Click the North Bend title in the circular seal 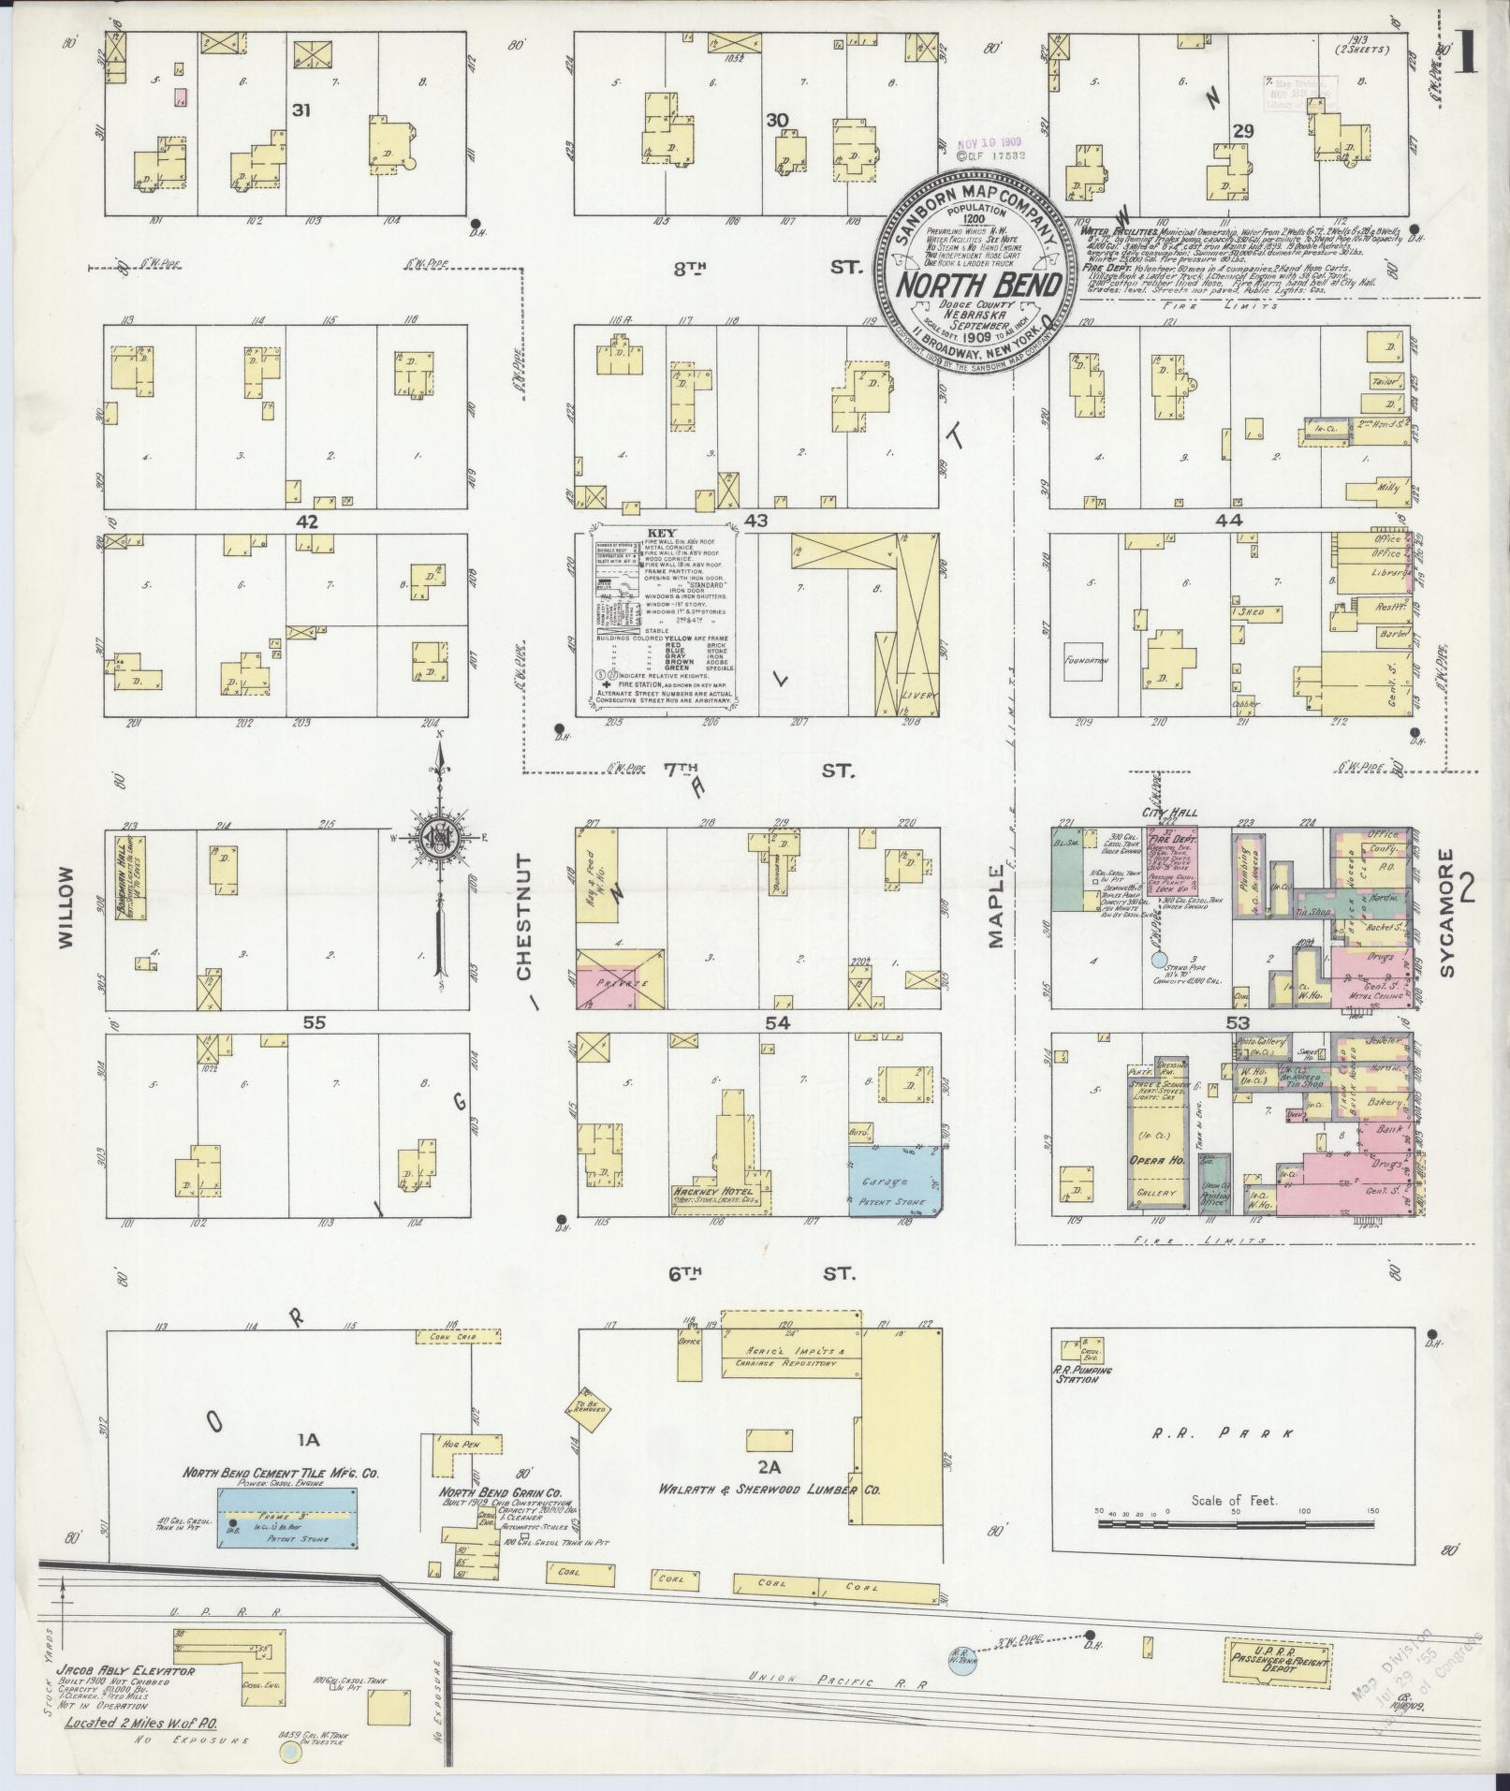pos(976,285)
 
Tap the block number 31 pos(301,110)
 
